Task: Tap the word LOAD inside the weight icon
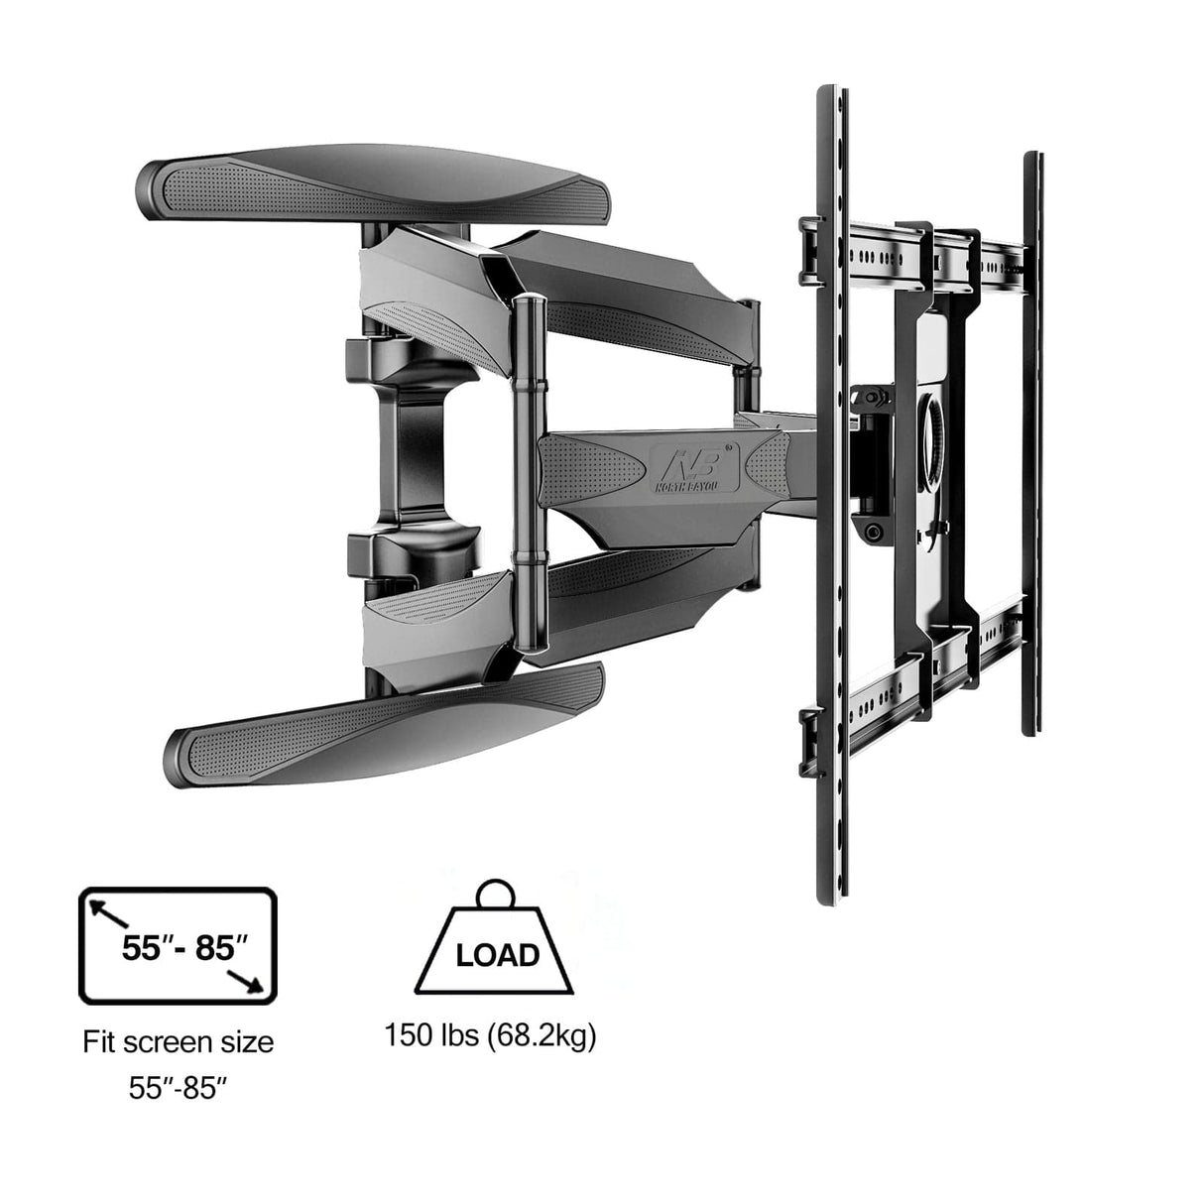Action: (497, 954)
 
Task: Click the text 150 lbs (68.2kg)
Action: (490, 1037)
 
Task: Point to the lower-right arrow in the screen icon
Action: (249, 981)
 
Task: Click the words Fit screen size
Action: (178, 1042)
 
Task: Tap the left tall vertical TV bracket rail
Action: (830, 496)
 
